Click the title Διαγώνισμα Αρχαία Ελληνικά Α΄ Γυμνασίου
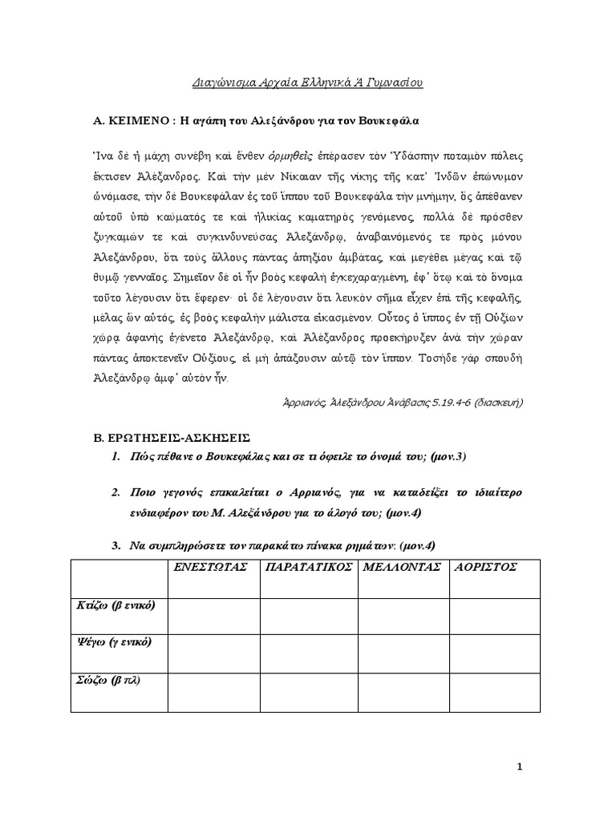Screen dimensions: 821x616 (x=308, y=82)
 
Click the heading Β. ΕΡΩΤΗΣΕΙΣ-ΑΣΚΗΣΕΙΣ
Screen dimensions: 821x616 (x=172, y=439)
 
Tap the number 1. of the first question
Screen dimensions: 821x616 (x=115, y=457)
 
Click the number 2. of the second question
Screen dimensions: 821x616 (x=115, y=491)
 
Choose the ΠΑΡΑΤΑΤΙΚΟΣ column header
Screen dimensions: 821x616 (x=308, y=567)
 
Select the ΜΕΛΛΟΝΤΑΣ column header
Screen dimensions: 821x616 (x=403, y=567)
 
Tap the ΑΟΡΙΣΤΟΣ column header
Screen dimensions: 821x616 (x=486, y=567)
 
